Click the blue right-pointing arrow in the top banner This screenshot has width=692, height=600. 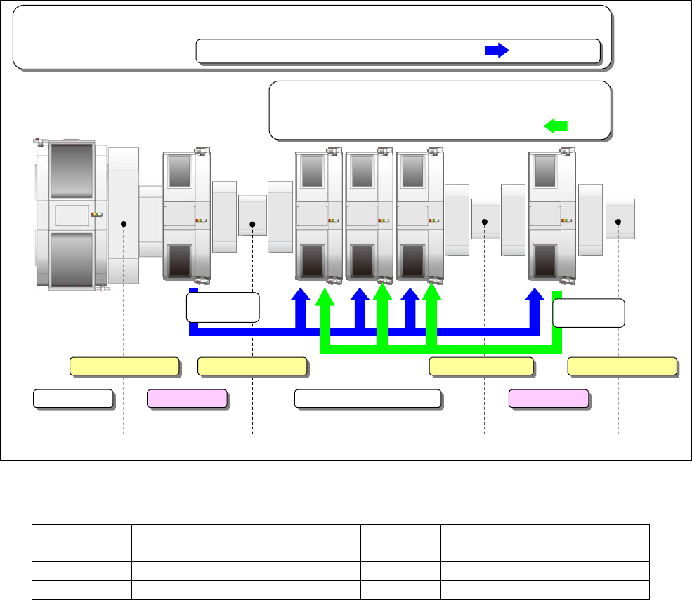[x=497, y=51]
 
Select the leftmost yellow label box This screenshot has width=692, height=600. [x=124, y=366]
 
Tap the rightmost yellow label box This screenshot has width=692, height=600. [x=622, y=366]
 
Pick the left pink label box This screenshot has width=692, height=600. [x=187, y=399]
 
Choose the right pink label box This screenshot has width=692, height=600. [x=549, y=399]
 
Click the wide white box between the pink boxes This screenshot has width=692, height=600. [x=367, y=399]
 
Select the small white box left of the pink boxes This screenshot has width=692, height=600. [x=73, y=399]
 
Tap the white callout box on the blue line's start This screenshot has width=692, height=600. [x=223, y=307]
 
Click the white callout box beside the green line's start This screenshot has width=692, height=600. [x=589, y=313]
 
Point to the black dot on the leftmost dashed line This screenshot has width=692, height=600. [x=124, y=224]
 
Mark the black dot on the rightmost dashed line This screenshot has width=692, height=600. [x=618, y=222]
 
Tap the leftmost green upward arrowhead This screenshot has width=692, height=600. [x=325, y=298]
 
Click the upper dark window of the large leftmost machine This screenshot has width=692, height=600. [x=72, y=172]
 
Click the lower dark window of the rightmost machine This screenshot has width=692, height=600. [x=545, y=260]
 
